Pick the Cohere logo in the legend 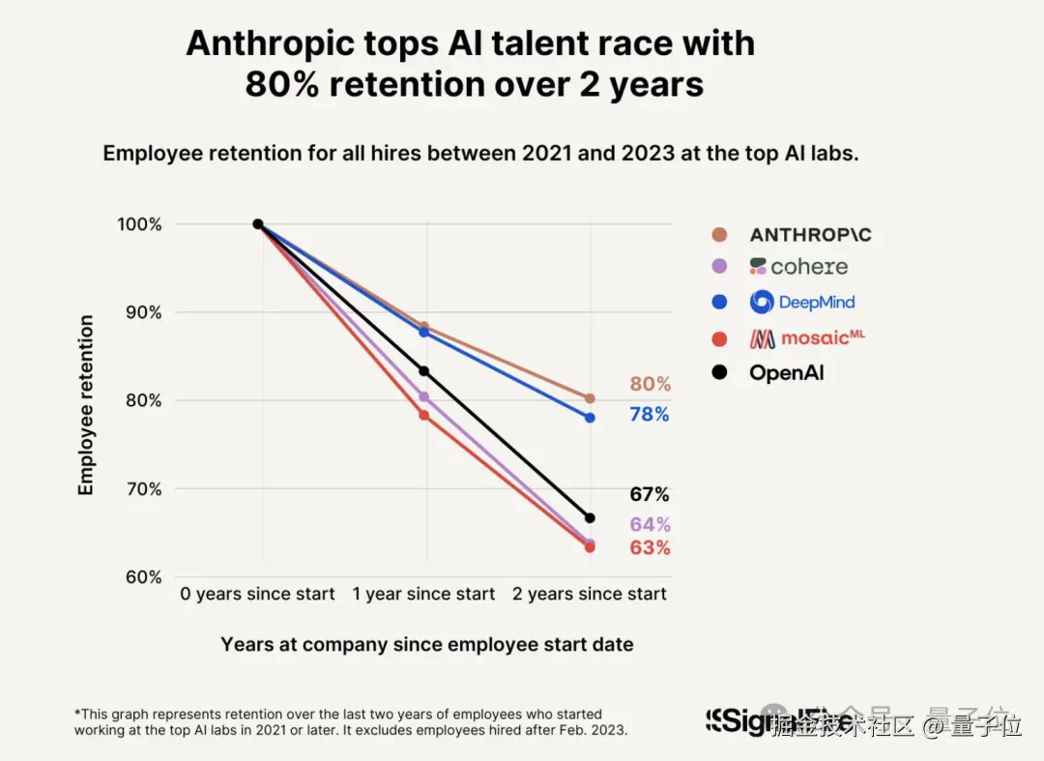pyautogui.click(x=798, y=267)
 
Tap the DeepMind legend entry pyautogui.click(x=802, y=302)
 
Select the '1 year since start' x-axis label pyautogui.click(x=423, y=594)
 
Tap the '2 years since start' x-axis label pyautogui.click(x=590, y=594)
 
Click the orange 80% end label pyautogui.click(x=650, y=384)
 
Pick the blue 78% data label pyautogui.click(x=650, y=415)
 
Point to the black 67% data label pyautogui.click(x=650, y=495)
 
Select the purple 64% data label pyautogui.click(x=650, y=525)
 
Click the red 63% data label pyautogui.click(x=650, y=548)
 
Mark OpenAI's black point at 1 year pyautogui.click(x=423, y=371)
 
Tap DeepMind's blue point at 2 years pyautogui.click(x=590, y=418)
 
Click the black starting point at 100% pyautogui.click(x=258, y=224)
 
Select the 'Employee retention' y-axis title pyautogui.click(x=87, y=405)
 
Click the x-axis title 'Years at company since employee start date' pyautogui.click(x=427, y=645)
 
